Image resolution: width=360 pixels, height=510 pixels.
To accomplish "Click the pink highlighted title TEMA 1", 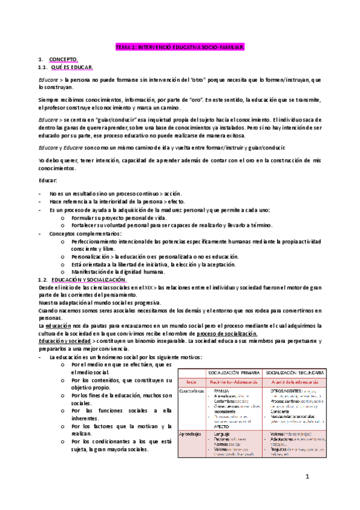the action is [x=180, y=46].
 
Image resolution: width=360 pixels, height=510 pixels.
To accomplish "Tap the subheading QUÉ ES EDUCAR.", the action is [x=72, y=68].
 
